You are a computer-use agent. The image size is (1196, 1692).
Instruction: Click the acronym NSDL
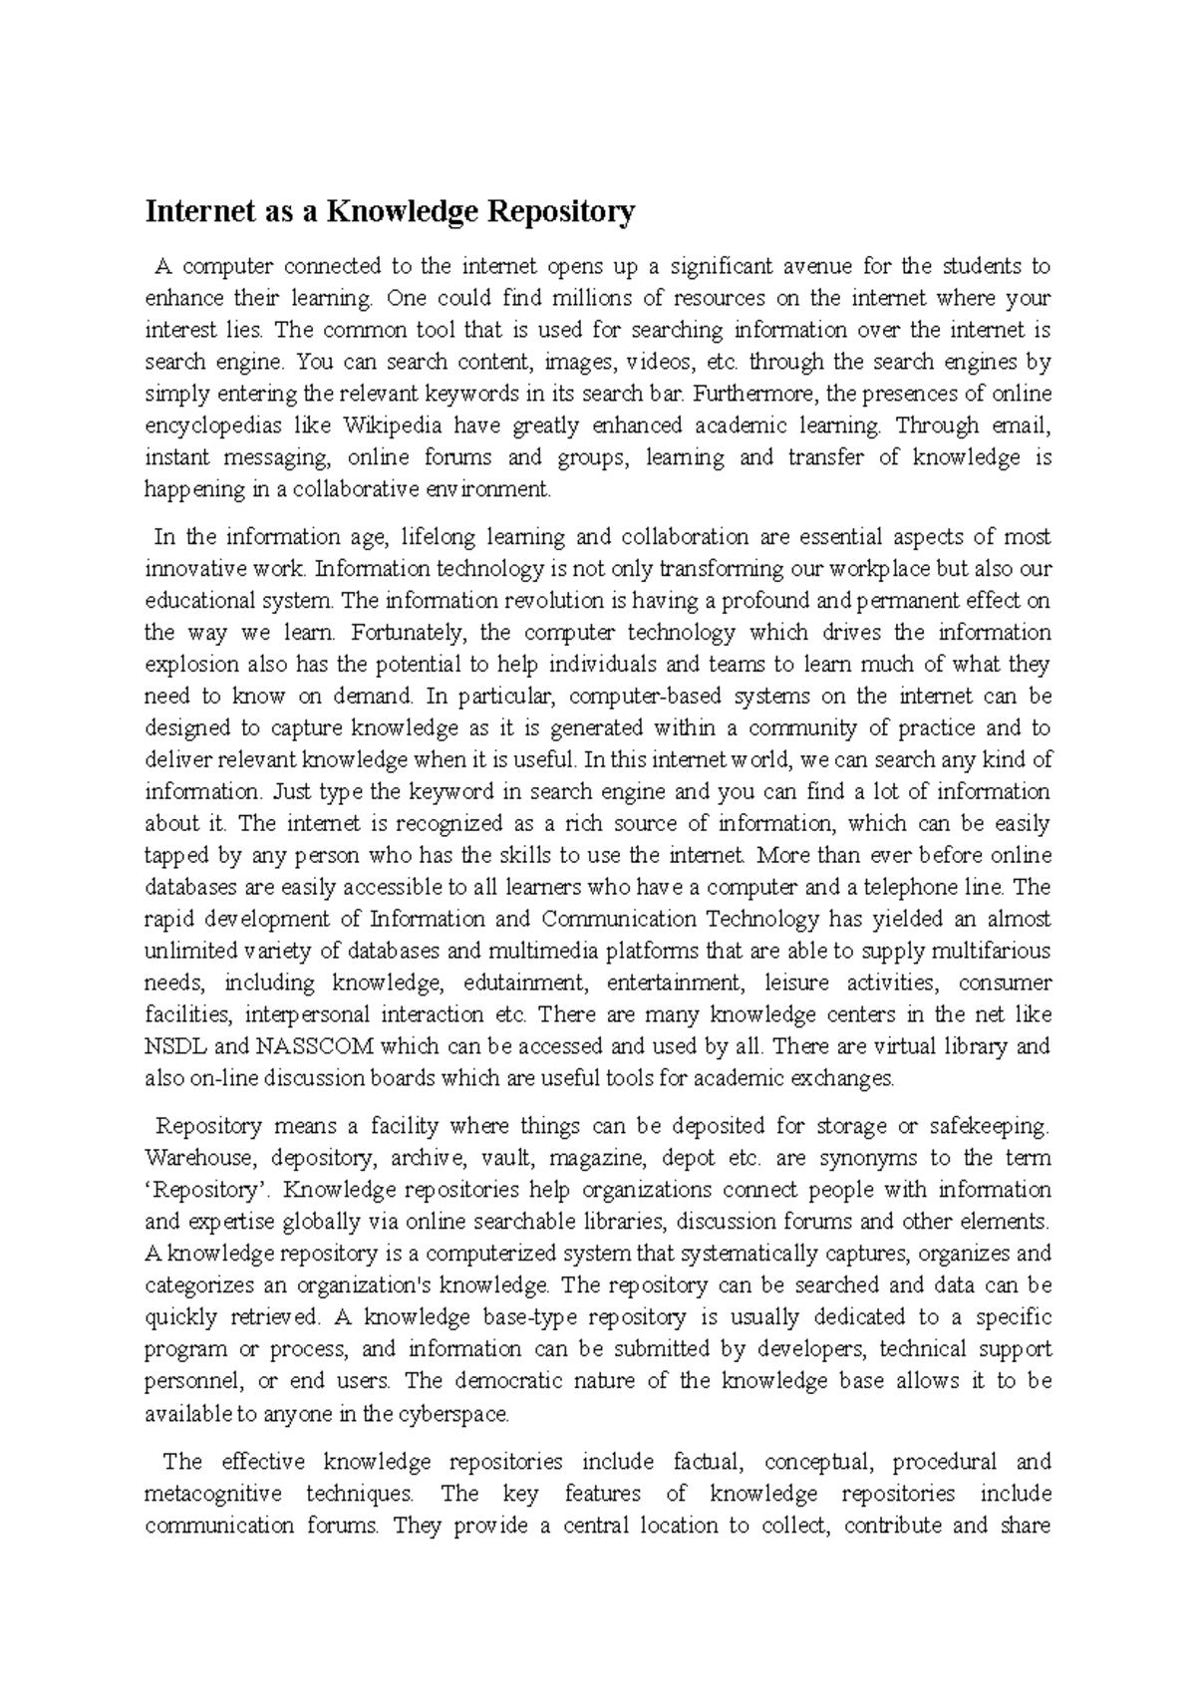(173, 1046)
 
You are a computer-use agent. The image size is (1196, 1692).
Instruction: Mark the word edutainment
(519, 983)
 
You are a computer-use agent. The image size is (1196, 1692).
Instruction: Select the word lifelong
(435, 537)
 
